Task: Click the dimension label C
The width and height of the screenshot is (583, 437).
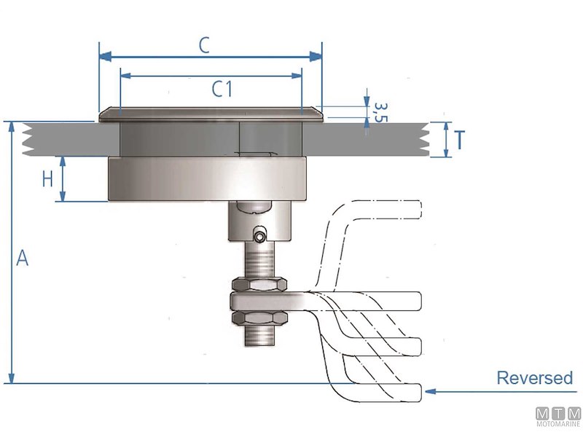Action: (205, 45)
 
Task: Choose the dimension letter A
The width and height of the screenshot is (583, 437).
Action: (23, 258)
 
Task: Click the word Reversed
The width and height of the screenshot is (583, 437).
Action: (534, 378)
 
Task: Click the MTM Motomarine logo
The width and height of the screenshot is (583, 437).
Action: (558, 417)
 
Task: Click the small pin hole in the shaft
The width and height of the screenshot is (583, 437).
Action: (259, 235)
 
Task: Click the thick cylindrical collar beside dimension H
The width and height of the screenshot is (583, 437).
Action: (208, 179)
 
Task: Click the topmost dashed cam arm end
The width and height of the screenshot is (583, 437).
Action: (408, 209)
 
